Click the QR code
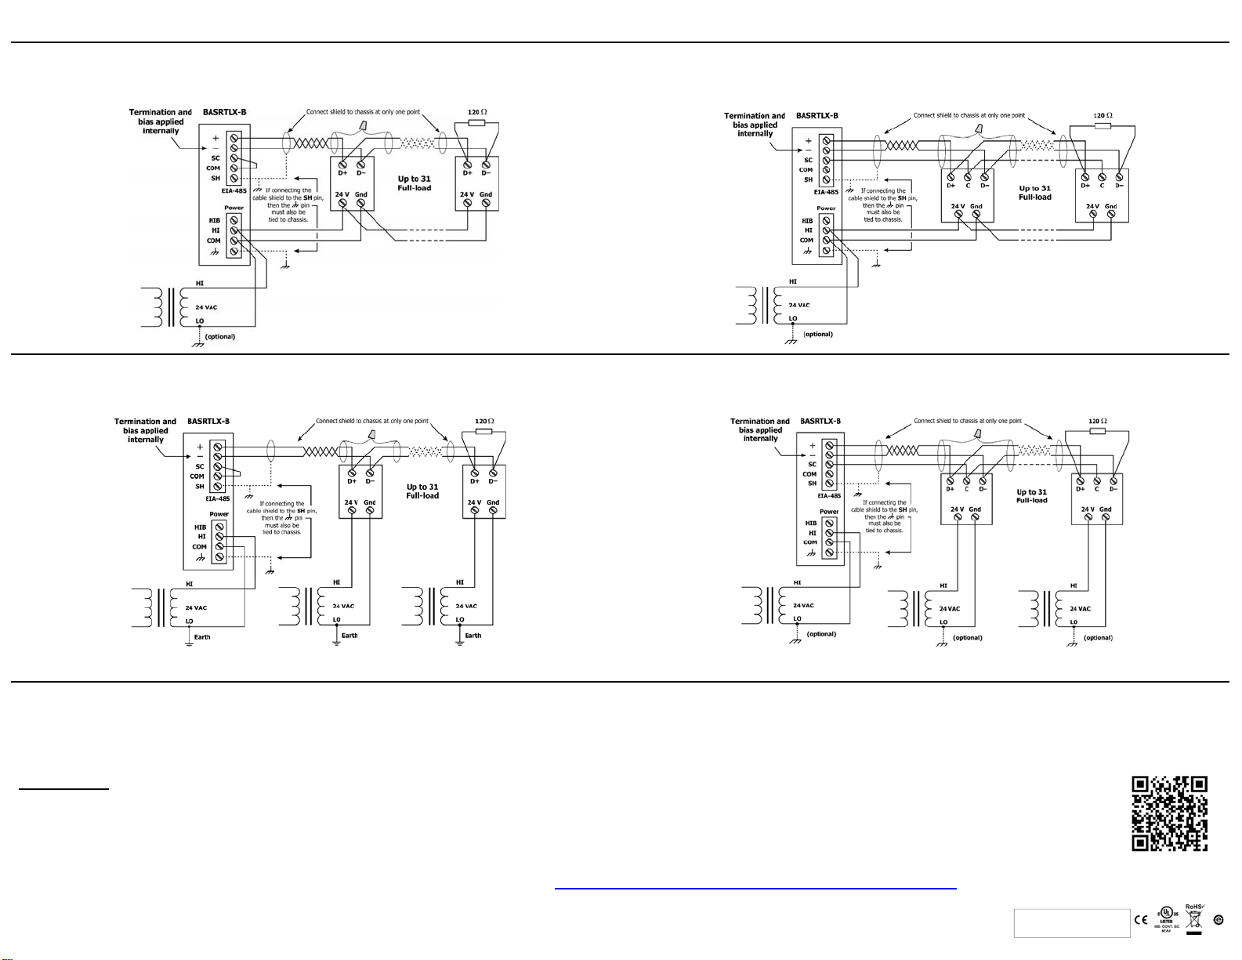[x=1170, y=813]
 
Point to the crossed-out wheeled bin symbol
[x=1194, y=922]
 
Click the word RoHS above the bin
[x=1194, y=906]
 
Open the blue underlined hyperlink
[x=755, y=889]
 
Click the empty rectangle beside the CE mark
[x=1071, y=923]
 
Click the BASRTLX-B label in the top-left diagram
[x=224, y=112]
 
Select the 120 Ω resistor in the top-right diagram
[x=1103, y=125]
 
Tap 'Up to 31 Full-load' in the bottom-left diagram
[x=422, y=491]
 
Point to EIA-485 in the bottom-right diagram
[x=829, y=495]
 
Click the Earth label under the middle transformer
[x=349, y=636]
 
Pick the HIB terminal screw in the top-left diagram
[x=234, y=221]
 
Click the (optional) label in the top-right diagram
[x=818, y=334]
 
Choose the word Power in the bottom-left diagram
[x=219, y=514]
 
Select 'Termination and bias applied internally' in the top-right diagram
[x=755, y=125]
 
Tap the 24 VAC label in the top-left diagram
[x=206, y=307]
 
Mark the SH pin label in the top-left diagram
[x=215, y=178]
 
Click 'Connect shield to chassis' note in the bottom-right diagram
[x=968, y=421]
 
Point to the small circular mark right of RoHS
[x=1218, y=920]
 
